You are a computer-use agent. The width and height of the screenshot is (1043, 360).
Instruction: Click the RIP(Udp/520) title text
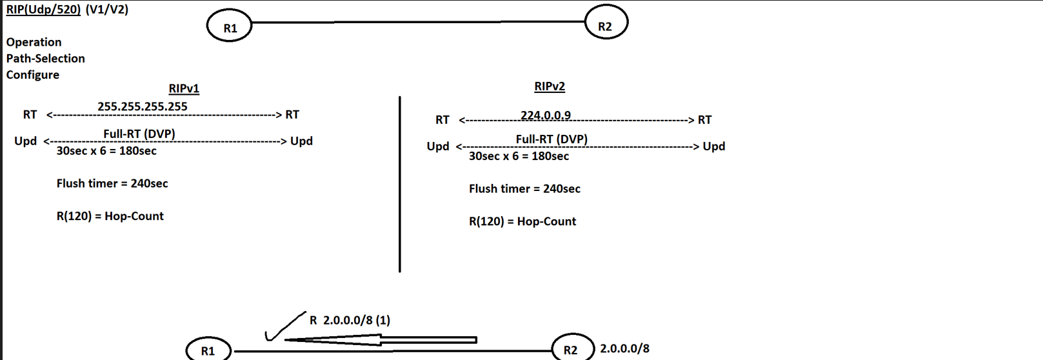tap(43, 10)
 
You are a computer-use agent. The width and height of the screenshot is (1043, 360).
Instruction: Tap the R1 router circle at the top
tap(230, 26)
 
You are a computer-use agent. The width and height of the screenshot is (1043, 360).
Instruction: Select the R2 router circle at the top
tap(606, 23)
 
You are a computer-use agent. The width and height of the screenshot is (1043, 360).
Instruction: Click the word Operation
tap(34, 42)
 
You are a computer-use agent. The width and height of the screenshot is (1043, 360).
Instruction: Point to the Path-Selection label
tap(45, 58)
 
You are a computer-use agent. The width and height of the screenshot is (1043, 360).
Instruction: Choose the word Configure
tap(32, 75)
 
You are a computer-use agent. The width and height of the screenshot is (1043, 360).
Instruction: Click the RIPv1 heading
tap(184, 88)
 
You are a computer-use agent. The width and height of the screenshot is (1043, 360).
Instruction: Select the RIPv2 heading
tap(550, 86)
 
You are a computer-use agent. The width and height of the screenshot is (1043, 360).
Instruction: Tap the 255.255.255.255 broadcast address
tap(143, 106)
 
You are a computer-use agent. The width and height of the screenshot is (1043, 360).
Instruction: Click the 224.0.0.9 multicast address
tap(546, 115)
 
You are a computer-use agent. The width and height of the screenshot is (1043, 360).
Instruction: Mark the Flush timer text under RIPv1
tap(112, 183)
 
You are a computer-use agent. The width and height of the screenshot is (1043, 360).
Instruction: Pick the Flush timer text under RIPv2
tap(524, 189)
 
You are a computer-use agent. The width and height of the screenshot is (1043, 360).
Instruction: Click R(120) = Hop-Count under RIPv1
tap(110, 216)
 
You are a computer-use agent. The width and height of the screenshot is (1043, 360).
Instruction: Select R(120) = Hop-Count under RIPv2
tap(522, 221)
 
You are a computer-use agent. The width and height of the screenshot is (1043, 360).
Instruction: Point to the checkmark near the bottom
tap(284, 326)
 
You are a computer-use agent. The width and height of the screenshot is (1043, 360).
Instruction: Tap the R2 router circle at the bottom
tap(572, 349)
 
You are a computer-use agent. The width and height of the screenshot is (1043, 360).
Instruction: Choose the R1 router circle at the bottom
tap(208, 350)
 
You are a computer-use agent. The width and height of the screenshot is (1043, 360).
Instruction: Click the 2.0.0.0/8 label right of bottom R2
tap(624, 348)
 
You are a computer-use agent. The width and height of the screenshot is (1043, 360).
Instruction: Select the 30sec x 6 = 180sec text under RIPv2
tap(519, 156)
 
